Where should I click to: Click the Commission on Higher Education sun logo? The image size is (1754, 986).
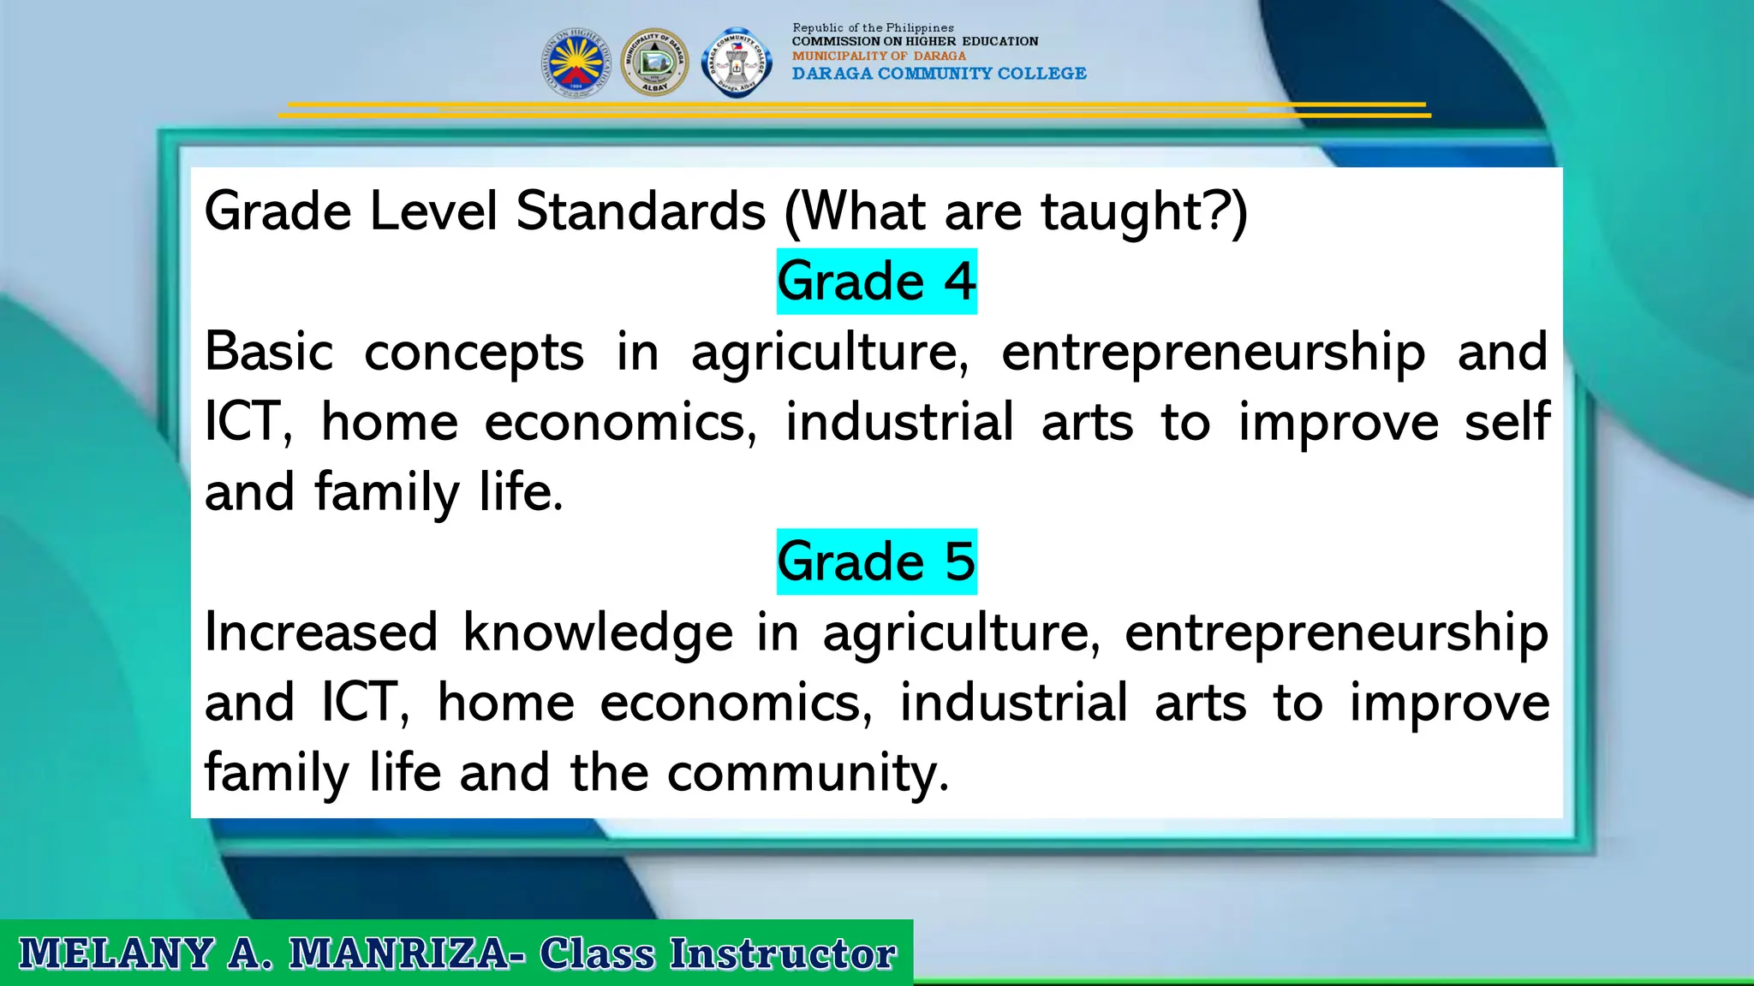[576, 62]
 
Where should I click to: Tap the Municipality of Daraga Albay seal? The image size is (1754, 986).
[654, 62]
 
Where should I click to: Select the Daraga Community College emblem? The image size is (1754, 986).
[736, 62]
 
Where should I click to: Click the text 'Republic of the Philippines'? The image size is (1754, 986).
[873, 28]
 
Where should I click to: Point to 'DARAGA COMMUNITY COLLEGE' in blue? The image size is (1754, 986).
[939, 74]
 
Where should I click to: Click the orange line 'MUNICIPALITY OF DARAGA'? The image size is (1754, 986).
[879, 56]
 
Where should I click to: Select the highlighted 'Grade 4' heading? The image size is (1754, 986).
[876, 282]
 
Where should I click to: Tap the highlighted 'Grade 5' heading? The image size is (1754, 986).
[876, 561]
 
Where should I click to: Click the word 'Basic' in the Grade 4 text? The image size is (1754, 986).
[269, 352]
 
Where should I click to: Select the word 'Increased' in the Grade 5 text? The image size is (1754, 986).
[321, 632]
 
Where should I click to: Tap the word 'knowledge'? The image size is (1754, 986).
[598, 633]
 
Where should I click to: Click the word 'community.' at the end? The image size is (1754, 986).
[808, 773]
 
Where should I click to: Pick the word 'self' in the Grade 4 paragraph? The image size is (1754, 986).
[1507, 421]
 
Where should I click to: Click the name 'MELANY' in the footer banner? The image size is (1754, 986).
[116, 953]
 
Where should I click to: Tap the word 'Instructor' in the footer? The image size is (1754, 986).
[782, 953]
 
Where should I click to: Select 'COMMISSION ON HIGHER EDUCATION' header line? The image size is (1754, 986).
[915, 41]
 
